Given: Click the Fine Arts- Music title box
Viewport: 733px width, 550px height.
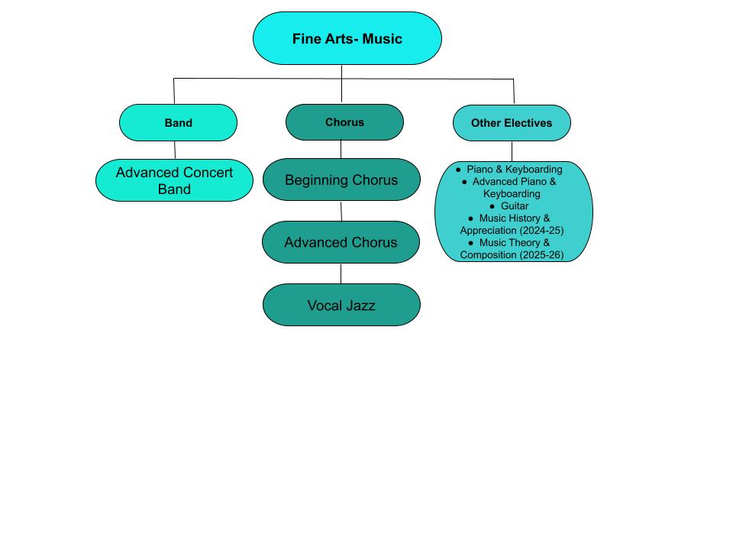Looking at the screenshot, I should [347, 38].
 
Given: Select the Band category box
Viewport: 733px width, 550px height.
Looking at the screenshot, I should [178, 122].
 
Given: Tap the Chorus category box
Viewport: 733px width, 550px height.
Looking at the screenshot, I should [344, 122].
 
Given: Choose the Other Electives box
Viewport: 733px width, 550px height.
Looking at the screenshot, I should [512, 123].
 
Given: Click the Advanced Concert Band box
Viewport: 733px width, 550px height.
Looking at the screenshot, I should [174, 181].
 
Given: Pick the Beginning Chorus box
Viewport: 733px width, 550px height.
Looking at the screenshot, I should [341, 180].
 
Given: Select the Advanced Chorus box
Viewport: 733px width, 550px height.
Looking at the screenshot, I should [341, 242].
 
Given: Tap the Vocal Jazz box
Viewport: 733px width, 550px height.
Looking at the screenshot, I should [341, 306].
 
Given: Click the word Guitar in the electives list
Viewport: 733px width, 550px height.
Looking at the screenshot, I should [515, 206].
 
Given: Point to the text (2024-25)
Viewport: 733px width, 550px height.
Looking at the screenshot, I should [541, 231].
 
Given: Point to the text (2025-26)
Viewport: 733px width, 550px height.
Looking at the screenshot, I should [541, 255].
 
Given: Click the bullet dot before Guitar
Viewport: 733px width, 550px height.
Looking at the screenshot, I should [492, 206].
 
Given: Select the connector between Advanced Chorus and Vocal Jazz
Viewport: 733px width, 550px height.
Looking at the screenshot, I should [341, 273].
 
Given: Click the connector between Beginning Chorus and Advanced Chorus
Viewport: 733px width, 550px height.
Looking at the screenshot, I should [341, 211].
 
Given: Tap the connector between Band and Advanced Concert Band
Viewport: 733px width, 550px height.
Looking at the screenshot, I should [175, 150].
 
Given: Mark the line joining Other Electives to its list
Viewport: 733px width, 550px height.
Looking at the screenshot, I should [512, 151].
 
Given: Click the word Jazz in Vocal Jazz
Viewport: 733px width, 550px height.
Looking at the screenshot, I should [360, 306].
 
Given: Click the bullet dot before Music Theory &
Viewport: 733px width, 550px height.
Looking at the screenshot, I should [470, 243].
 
